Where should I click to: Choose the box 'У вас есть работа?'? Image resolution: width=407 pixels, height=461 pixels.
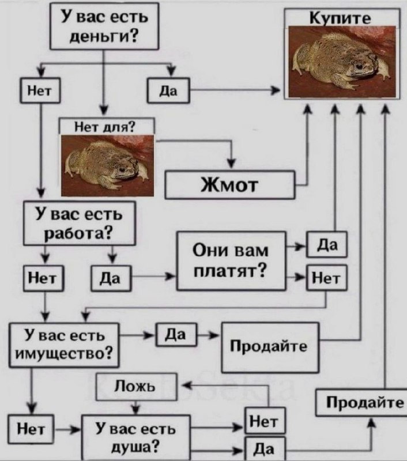[79, 224]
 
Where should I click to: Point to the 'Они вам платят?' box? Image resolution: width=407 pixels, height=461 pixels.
[231, 260]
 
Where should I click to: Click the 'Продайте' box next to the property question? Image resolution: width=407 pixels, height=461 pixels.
[270, 347]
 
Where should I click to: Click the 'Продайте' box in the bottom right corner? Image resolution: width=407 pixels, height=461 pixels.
[361, 402]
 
